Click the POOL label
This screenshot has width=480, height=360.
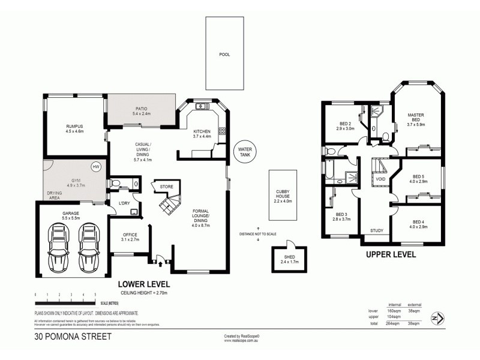[224, 55]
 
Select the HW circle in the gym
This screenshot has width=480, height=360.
[95, 167]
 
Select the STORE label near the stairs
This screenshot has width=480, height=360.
[166, 187]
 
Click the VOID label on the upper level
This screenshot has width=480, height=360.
[380, 179]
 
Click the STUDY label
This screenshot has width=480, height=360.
[377, 230]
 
